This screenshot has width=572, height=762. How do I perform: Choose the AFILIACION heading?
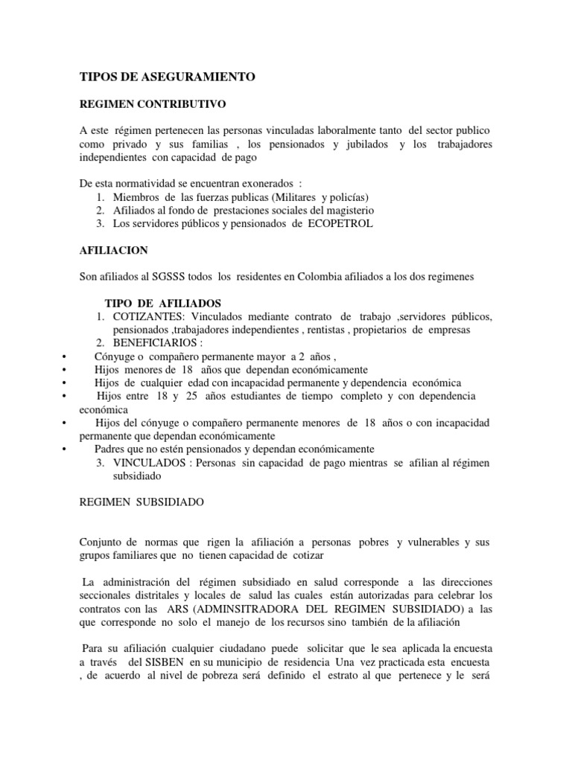pyautogui.click(x=112, y=250)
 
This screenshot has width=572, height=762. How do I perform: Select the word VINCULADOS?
pyautogui.click(x=149, y=463)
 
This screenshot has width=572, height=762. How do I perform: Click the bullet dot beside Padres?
pyautogui.click(x=66, y=449)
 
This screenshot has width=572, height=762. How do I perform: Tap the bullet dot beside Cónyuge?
pyautogui.click(x=66, y=356)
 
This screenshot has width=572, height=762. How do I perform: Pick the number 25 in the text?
pyautogui.click(x=191, y=396)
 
